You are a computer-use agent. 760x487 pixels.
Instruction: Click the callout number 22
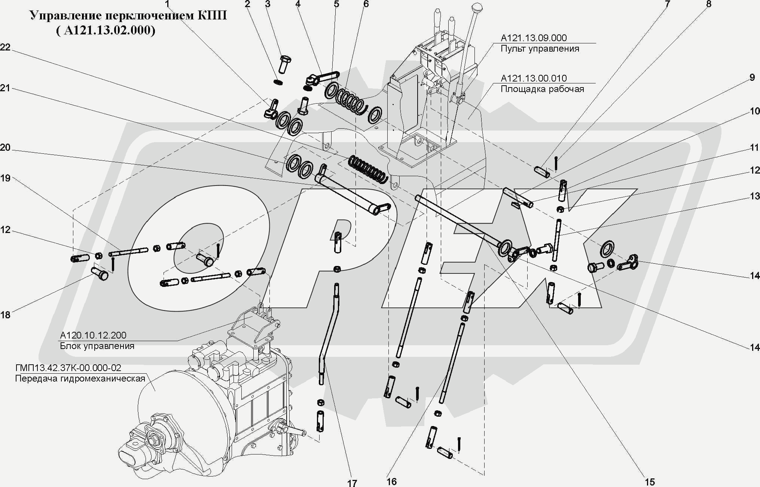coord(5,47)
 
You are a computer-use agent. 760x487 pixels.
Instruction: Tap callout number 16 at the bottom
coord(391,481)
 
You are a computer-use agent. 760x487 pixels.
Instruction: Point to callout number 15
coord(650,482)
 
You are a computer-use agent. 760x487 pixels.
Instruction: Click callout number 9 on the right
coord(752,77)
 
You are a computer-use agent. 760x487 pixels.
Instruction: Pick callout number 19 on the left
coord(5,178)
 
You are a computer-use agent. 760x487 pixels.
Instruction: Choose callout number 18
coord(5,315)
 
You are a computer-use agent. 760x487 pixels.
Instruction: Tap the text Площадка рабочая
coord(542,89)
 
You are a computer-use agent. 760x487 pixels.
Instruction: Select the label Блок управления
coord(97,346)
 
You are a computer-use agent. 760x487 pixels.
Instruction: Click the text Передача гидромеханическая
coord(80,379)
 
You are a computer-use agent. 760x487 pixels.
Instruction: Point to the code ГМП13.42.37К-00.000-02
coord(68,368)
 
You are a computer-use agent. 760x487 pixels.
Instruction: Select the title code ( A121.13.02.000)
coord(106,30)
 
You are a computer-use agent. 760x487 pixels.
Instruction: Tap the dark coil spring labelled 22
coord(367,170)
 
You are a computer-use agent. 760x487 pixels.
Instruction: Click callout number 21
coord(5,88)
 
